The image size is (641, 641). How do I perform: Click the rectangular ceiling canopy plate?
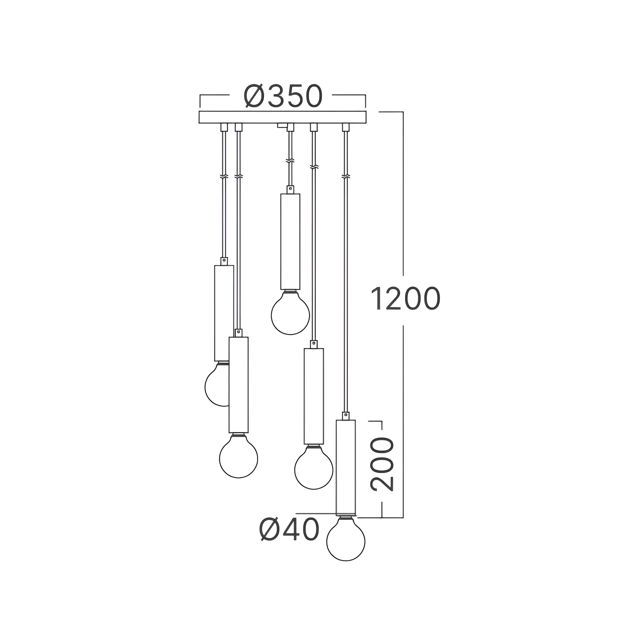tap(282, 117)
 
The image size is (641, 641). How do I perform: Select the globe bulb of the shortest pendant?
tap(290, 312)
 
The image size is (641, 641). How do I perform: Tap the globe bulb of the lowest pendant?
tap(346, 538)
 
